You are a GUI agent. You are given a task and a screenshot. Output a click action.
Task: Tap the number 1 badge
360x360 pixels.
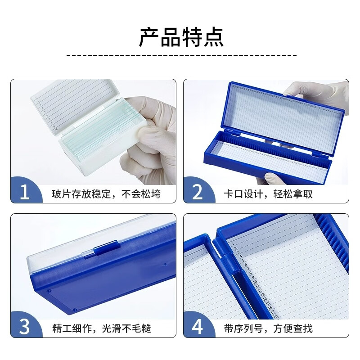point(25,193)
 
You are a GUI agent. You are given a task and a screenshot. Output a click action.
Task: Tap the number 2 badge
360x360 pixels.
point(198,193)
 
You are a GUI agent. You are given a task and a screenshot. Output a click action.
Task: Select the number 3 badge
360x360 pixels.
point(25,327)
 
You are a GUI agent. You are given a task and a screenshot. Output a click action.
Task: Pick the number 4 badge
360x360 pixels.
point(198,327)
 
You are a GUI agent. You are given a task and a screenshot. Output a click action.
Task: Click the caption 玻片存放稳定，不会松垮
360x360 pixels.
point(106,194)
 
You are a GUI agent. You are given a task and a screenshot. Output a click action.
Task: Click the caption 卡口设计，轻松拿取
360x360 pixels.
point(268,194)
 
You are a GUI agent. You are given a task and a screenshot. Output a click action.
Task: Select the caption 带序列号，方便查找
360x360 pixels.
point(268,328)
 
